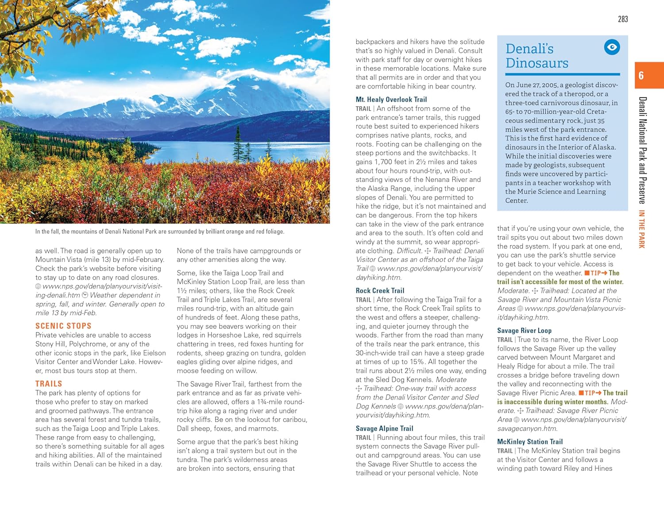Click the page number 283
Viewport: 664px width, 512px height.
click(x=622, y=19)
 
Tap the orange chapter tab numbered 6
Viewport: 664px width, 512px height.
click(x=649, y=75)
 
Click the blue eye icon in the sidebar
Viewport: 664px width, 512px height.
click(x=612, y=47)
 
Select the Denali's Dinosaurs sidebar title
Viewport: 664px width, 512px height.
click(x=537, y=56)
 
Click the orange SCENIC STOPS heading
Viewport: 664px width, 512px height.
click(x=63, y=326)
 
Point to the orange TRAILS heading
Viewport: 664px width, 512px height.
click(x=49, y=384)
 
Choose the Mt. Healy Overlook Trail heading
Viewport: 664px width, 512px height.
click(x=391, y=100)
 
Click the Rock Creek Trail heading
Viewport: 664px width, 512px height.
click(x=380, y=291)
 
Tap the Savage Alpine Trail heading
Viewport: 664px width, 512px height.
click(x=384, y=428)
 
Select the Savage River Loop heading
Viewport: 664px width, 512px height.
click(x=524, y=331)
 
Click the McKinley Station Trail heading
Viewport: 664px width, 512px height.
click(x=529, y=442)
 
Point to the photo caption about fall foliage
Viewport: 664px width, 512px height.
click(x=160, y=231)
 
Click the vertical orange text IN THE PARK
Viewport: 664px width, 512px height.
click(x=641, y=229)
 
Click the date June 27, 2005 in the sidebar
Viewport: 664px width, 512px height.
click(x=536, y=85)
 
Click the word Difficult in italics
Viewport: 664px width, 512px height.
click(x=409, y=251)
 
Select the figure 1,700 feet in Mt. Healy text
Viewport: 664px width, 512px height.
click(x=376, y=162)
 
